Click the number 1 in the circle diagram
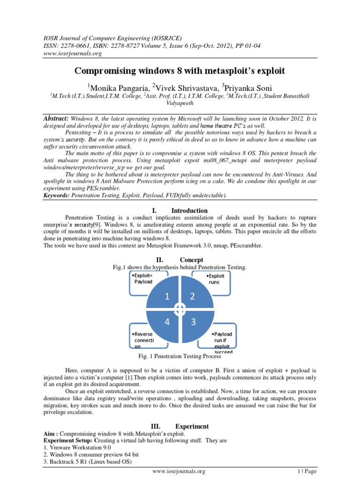coord(165,296)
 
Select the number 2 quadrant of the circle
coord(192,296)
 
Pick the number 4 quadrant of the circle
coord(165,322)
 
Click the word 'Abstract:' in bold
coord(56,119)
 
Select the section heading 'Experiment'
coord(192,427)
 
